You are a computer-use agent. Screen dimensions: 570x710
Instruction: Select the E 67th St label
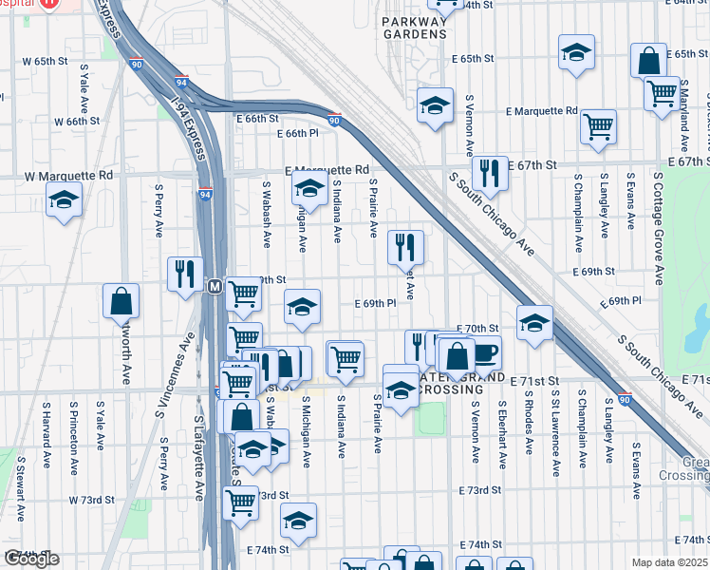point(531,165)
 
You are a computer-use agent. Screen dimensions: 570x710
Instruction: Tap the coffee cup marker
point(483,353)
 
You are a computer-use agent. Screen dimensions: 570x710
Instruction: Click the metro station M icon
point(215,286)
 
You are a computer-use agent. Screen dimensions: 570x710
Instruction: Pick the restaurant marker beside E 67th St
point(490,172)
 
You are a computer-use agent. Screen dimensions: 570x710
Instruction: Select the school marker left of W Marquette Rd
point(64,199)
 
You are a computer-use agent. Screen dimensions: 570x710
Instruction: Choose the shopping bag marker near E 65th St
point(649,61)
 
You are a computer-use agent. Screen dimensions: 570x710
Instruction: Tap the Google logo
point(31,560)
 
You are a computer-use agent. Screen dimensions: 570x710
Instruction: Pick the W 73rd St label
point(91,500)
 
